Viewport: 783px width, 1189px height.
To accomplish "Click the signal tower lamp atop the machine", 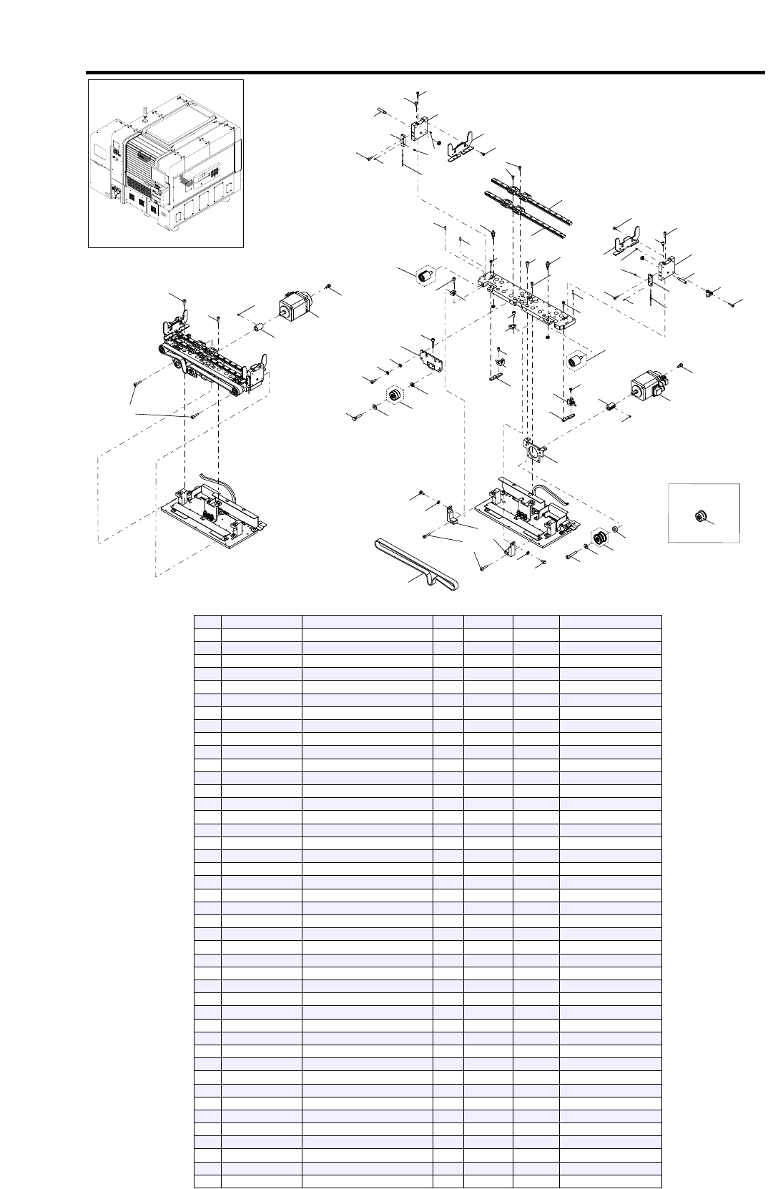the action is click(144, 110).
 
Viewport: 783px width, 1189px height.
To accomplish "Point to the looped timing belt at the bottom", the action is click(418, 566).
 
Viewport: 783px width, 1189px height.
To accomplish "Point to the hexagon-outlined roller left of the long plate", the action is click(427, 274).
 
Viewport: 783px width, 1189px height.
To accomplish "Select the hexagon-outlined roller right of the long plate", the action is click(576, 361).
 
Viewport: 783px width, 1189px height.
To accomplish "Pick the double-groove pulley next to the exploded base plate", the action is click(600, 539).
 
